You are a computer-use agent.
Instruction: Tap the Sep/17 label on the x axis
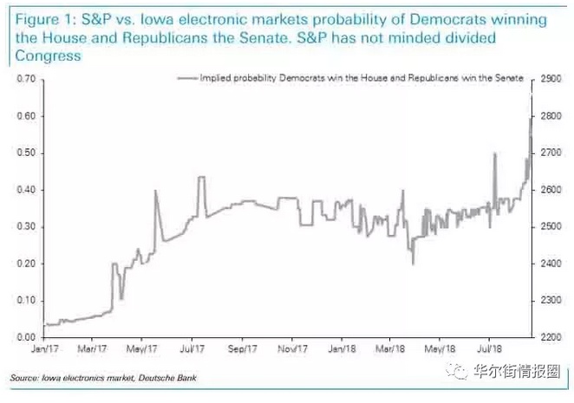(x=242, y=350)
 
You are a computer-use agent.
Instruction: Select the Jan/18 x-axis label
(x=341, y=350)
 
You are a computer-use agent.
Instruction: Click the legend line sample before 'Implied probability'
(x=186, y=78)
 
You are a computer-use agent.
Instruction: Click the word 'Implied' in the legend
(x=214, y=78)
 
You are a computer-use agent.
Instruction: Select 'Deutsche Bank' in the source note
(x=155, y=379)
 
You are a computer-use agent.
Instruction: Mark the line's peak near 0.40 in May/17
(x=155, y=191)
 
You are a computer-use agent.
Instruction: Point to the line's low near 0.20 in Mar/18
(x=413, y=263)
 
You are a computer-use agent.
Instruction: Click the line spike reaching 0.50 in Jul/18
(x=494, y=154)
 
